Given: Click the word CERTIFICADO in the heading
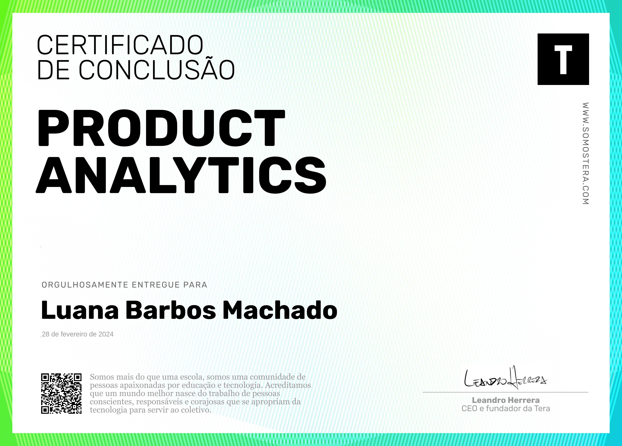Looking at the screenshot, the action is [x=120, y=45].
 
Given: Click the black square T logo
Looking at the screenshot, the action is [x=563, y=59].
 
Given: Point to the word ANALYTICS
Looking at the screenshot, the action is [x=181, y=175].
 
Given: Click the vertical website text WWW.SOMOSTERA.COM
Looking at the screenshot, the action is [x=585, y=153].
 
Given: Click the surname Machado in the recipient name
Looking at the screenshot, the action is [x=280, y=310].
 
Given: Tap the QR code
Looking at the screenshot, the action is [x=61, y=393].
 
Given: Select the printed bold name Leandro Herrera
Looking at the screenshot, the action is [x=506, y=400].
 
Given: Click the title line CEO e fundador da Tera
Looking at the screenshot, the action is [x=506, y=408].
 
